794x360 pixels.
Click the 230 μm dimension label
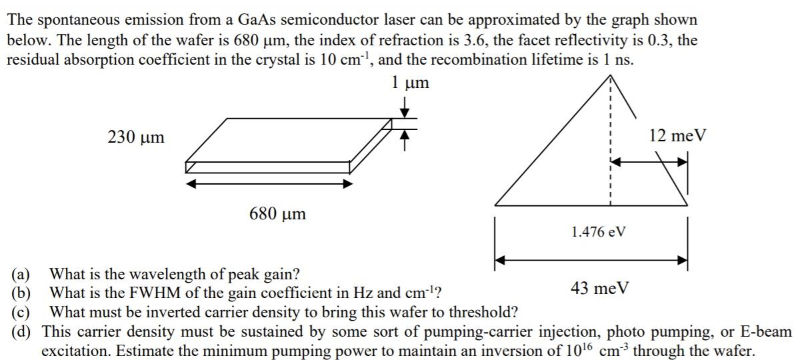135,138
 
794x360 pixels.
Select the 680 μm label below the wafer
277,214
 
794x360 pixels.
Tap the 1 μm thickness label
410,83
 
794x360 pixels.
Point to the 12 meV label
677,135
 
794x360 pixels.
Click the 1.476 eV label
599,232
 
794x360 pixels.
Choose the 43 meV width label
599,288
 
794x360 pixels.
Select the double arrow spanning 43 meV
591,260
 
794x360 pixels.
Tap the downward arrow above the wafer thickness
403,106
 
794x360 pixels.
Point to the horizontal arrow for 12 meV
649,161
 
